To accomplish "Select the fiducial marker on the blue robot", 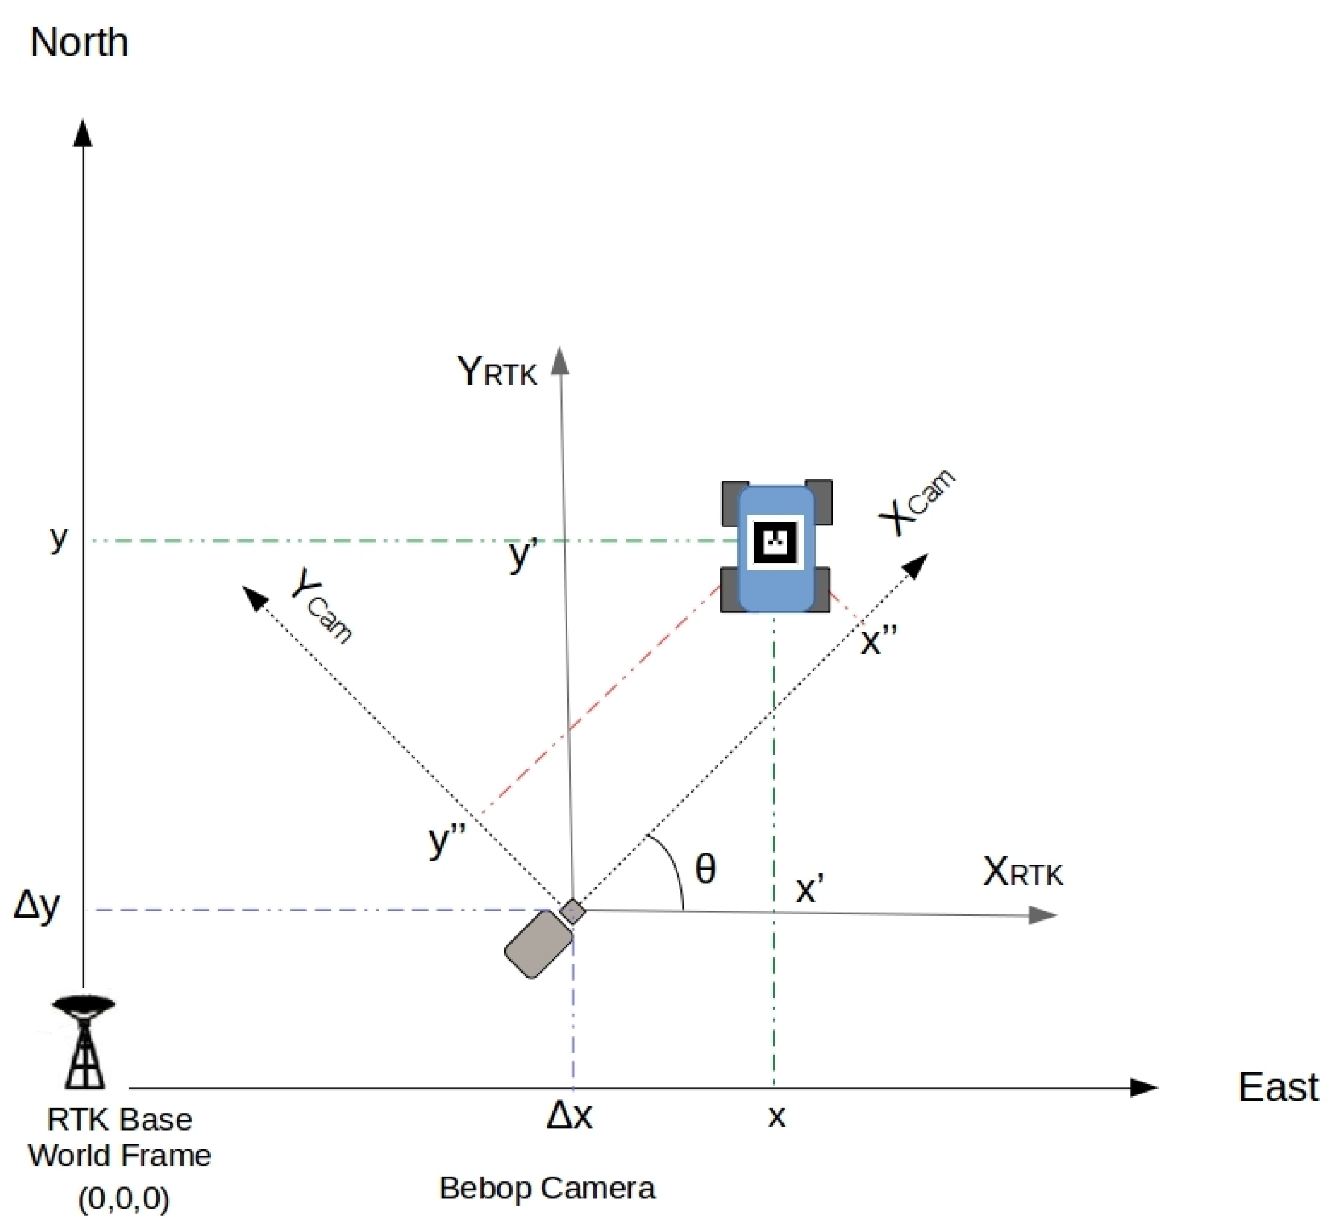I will click(x=774, y=542).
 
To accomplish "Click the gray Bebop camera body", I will click(x=538, y=944).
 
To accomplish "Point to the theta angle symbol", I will click(x=705, y=868).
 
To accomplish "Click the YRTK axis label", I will click(x=497, y=371).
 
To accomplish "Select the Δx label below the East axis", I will click(x=569, y=1116).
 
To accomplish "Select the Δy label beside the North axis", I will click(x=37, y=906).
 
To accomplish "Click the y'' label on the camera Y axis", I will click(x=447, y=839).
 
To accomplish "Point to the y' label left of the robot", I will click(x=523, y=554).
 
